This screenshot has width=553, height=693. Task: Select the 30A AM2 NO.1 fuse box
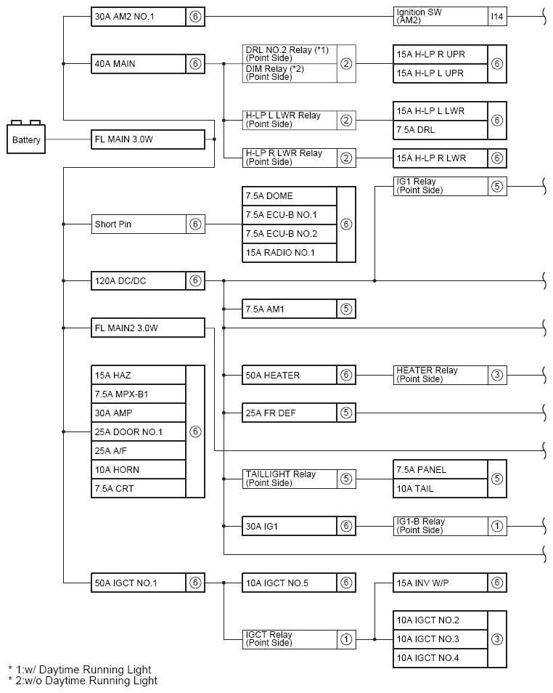coord(139,17)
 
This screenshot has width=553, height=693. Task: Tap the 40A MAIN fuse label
coord(139,64)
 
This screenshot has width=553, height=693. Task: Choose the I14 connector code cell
coord(497,17)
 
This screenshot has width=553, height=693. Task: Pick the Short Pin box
coord(139,224)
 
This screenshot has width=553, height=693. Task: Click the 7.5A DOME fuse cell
coord(290,196)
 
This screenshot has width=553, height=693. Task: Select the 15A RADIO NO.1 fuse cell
coord(290,253)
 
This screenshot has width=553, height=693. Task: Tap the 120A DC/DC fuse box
coord(139,280)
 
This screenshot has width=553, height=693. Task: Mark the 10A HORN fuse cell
coord(139,469)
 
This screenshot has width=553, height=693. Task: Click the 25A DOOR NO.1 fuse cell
coord(139,431)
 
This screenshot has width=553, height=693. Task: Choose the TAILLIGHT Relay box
coord(290,479)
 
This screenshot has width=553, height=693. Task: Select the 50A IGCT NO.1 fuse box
coord(139,583)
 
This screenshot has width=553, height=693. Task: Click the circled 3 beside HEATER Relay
coord(497,375)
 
